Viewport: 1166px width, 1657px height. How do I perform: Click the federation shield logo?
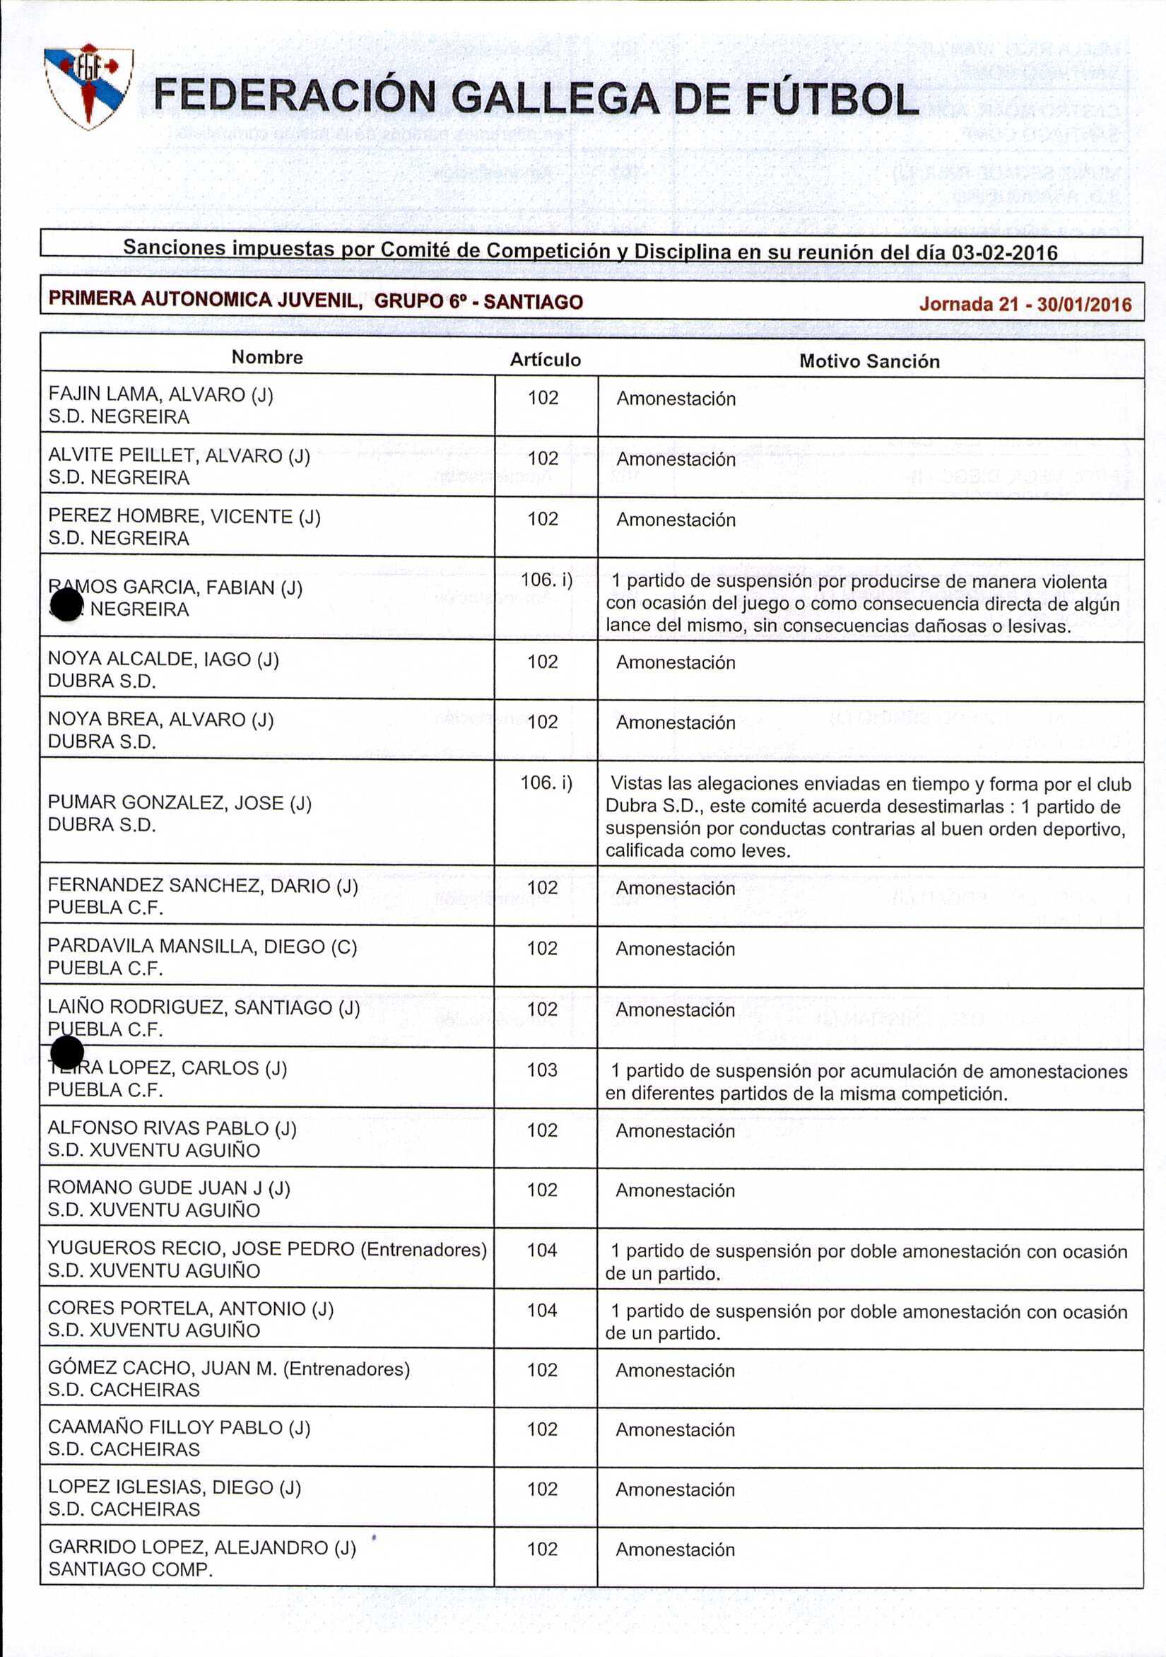coord(89,88)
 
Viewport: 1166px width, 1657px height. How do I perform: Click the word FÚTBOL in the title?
coord(831,99)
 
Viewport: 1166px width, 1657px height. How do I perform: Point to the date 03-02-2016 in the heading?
coord(1004,252)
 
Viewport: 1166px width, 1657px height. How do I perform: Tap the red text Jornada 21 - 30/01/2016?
coord(1025,304)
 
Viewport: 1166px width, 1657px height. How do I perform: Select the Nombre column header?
coord(267,357)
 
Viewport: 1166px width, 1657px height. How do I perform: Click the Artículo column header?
coord(545,359)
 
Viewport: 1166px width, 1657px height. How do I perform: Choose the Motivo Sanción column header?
coord(868,361)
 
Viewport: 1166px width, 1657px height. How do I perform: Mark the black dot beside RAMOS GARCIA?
coord(67,604)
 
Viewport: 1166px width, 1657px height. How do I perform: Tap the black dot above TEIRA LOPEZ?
coord(67,1052)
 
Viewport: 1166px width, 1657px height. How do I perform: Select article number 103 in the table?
coord(542,1070)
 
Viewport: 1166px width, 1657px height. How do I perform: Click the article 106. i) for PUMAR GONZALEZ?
coord(546,783)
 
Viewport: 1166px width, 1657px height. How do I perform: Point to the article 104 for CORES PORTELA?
coord(542,1310)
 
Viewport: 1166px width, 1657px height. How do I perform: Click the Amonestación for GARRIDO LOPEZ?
coord(675,1550)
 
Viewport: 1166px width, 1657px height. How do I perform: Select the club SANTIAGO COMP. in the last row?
coord(130,1569)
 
